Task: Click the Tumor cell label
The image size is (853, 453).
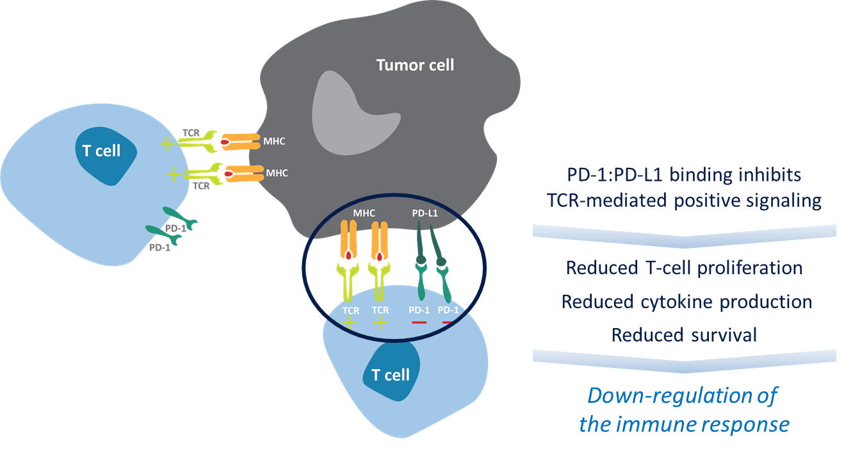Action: pos(415,65)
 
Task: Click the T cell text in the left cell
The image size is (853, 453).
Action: pos(101,151)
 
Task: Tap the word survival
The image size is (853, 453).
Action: pos(720,334)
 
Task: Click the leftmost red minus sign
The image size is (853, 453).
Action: pos(419,322)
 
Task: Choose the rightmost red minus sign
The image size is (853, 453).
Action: pos(448,322)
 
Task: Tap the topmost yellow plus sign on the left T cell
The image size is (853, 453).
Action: pos(167,144)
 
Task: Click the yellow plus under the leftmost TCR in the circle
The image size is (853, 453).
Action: pos(350,323)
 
